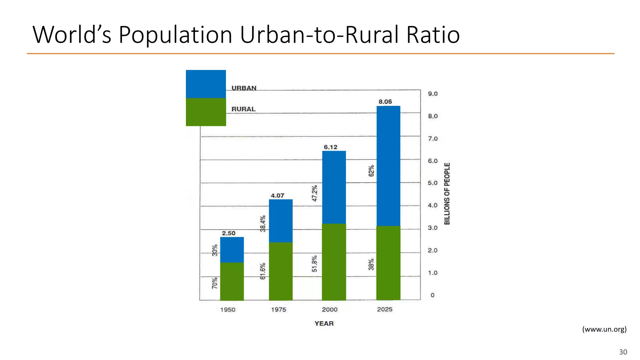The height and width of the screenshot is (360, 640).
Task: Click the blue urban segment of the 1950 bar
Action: [x=232, y=250]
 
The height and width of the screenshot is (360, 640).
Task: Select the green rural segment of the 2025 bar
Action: [x=388, y=263]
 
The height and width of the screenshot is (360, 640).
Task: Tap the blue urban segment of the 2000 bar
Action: [x=334, y=187]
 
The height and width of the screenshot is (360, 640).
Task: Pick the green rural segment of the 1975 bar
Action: [x=281, y=271]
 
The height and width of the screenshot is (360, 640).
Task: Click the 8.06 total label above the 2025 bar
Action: [x=385, y=102]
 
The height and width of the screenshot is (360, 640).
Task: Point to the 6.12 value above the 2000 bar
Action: [x=330, y=147]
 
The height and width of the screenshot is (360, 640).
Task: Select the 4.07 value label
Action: [x=277, y=196]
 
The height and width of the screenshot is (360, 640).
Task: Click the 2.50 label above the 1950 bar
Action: [x=228, y=233]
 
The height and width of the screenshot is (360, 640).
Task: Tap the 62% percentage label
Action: [x=371, y=171]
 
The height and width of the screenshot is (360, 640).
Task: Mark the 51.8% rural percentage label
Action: [x=315, y=263]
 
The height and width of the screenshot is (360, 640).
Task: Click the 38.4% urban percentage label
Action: [x=263, y=223]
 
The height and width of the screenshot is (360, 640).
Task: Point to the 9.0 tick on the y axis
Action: [x=432, y=94]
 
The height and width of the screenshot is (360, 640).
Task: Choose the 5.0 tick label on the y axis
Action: [x=432, y=183]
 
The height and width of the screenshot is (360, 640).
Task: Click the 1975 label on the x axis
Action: [x=278, y=309]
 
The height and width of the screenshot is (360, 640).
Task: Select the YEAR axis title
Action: [x=324, y=323]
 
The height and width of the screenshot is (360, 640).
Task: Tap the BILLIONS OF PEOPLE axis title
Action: [x=447, y=193]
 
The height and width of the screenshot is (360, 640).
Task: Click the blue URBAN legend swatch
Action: [x=206, y=84]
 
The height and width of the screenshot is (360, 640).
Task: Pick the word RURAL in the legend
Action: [x=243, y=109]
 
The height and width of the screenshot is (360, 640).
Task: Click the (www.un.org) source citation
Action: [x=604, y=329]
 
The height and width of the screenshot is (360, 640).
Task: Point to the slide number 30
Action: [x=623, y=352]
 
